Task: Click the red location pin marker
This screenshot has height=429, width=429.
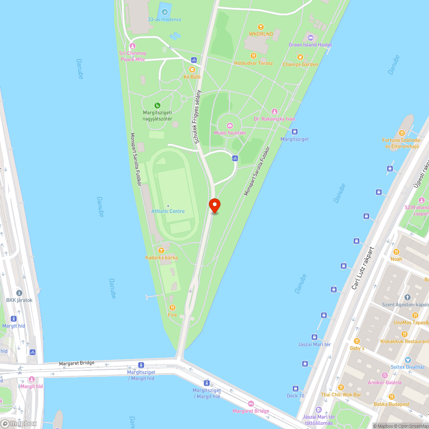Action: (214, 205)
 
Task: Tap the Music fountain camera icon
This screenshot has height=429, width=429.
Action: (230, 125)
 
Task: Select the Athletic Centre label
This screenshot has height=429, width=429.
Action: (168, 211)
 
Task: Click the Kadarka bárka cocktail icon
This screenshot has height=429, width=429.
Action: (161, 250)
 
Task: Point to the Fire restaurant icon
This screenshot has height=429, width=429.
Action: (172, 307)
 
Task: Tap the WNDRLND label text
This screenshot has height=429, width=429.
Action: (261, 34)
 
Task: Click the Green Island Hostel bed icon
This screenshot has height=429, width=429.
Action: (310, 37)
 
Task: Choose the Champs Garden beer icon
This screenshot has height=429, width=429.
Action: (300, 57)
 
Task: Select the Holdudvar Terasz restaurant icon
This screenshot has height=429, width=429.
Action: (254, 55)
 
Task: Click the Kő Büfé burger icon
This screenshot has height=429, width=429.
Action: (192, 69)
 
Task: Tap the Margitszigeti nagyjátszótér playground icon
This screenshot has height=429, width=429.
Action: (157, 106)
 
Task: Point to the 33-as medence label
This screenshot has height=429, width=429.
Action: (164, 19)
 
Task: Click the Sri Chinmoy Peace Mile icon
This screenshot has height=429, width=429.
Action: (133, 46)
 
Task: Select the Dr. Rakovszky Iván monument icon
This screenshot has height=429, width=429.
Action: (275, 112)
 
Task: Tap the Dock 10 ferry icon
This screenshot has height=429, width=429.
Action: (296, 388)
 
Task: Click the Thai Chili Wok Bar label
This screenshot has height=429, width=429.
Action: (341, 395)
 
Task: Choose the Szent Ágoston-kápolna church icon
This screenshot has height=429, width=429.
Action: (408, 297)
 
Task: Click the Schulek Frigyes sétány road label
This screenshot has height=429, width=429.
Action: (197, 117)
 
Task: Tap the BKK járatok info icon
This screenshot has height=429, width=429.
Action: (19, 293)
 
